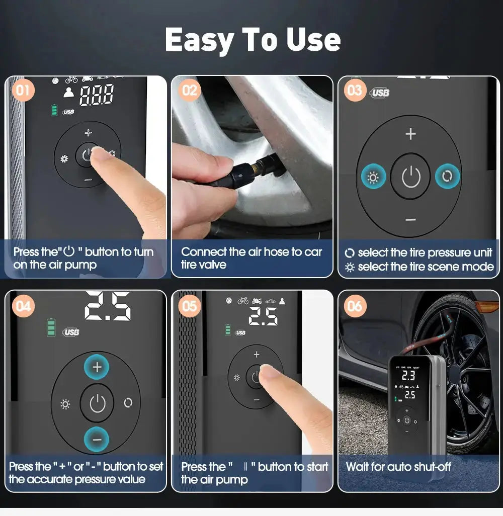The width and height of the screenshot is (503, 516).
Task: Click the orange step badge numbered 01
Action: coord(23,91)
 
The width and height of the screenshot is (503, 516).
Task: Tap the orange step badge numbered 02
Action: coord(189,91)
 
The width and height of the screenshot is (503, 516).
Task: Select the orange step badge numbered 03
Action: coord(355,91)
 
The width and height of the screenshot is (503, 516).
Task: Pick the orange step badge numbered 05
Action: coord(189,306)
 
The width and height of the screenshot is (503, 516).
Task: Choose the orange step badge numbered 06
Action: coord(355,306)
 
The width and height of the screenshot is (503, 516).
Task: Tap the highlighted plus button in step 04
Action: coord(97,367)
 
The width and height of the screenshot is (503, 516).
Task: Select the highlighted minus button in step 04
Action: coord(97,439)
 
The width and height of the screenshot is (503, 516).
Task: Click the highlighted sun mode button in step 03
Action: coord(373,177)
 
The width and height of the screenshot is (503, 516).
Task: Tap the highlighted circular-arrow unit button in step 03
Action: coord(448,177)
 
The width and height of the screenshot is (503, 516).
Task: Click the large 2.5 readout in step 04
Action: coord(108,305)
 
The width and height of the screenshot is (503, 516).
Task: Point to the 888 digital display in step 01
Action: coord(97,95)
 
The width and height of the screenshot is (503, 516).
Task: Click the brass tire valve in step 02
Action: coord(262,162)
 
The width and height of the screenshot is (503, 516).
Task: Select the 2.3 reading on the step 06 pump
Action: coord(408,375)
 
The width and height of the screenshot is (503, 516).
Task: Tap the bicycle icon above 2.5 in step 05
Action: coord(243,301)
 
